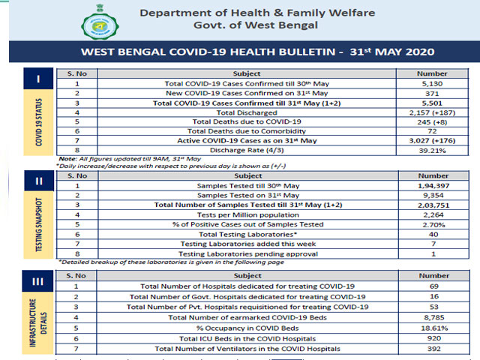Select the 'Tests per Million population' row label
point(247,213)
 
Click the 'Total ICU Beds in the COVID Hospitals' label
point(247,337)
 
